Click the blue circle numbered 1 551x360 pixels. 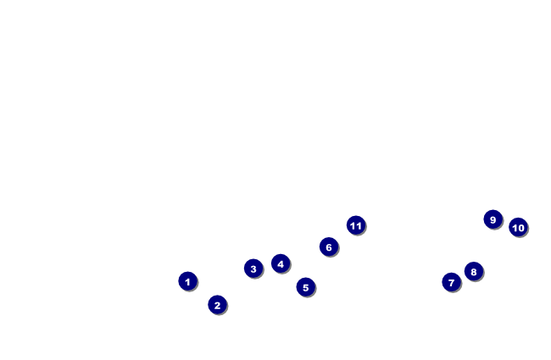188,281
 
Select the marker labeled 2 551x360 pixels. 218,305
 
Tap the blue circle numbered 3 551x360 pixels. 253,269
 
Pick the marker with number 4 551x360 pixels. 281,263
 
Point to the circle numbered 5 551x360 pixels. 306,287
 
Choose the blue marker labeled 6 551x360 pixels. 329,246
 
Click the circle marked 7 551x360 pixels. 451,282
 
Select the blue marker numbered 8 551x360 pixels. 474,272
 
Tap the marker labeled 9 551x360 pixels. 493,219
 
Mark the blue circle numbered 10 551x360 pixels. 518,227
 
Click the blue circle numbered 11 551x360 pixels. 356,225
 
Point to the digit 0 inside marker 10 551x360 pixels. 520,228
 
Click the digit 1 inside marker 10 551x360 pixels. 515,228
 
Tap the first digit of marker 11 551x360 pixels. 353,225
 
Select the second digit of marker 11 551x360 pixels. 359,225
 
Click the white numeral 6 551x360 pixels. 329,247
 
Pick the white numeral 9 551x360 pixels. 493,220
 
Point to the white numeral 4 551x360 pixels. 281,264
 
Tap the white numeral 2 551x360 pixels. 218,306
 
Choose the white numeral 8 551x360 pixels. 474,273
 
